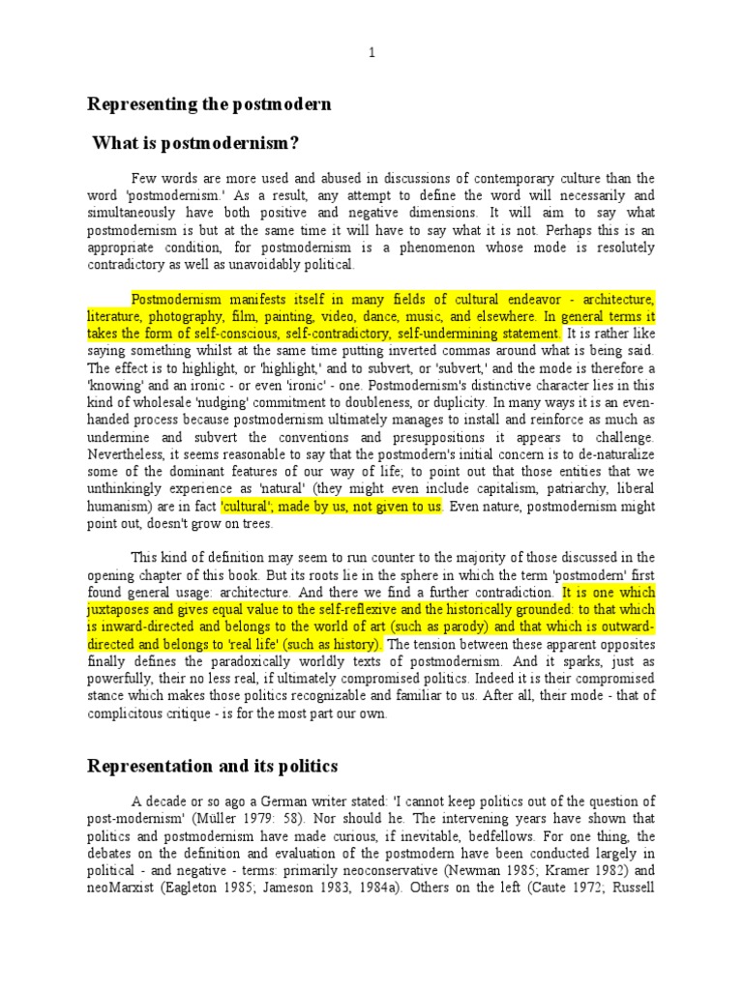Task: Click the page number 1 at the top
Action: [x=371, y=53]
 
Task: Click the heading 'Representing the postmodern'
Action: [x=209, y=103]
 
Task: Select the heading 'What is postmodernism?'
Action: [x=195, y=144]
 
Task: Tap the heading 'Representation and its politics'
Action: [x=213, y=766]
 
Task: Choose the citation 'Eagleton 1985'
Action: [x=227, y=888]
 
